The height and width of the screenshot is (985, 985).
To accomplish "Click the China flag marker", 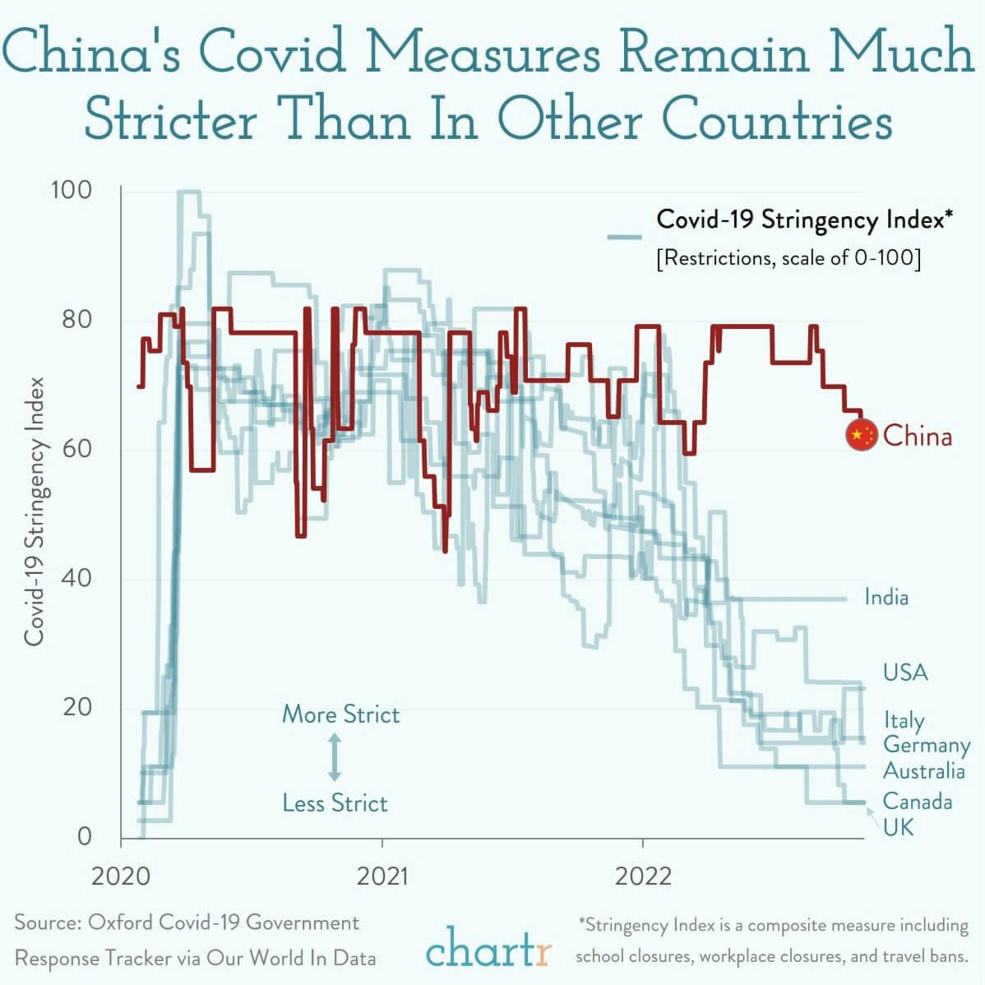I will (862, 436).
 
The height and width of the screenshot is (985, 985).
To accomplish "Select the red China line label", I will (918, 436).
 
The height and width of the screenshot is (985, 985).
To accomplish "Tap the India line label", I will (886, 597).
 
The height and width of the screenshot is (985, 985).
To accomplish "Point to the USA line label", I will (905, 673).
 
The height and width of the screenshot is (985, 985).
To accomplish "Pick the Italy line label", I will (904, 720).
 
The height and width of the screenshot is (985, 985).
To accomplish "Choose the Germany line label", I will (926, 745).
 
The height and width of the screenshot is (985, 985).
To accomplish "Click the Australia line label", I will (923, 771).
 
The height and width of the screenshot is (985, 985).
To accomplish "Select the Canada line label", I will (917, 801).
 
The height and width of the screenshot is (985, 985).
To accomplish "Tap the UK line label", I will (898, 826).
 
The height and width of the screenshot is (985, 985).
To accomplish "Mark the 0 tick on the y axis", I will (84, 836).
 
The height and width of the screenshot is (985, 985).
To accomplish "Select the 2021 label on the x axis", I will (382, 876).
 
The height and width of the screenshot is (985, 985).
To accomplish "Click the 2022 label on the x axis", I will (643, 876).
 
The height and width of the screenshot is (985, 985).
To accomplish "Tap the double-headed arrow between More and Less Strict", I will (335, 757).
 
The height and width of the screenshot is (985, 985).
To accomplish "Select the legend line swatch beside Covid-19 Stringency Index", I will (624, 237).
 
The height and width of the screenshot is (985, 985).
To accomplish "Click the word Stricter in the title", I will (169, 120).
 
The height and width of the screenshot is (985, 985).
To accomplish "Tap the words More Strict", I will (340, 714).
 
